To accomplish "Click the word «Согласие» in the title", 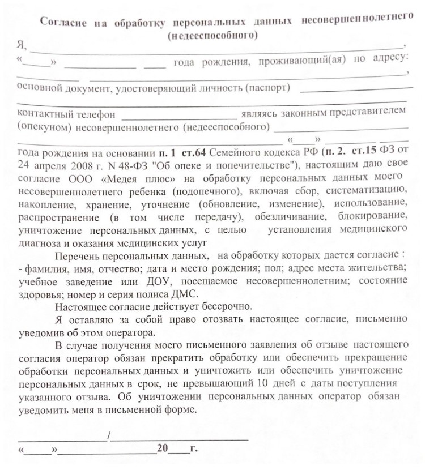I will tap(62, 23).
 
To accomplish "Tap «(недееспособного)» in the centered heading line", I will tap(212, 35).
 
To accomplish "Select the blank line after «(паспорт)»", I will tap(356, 89).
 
